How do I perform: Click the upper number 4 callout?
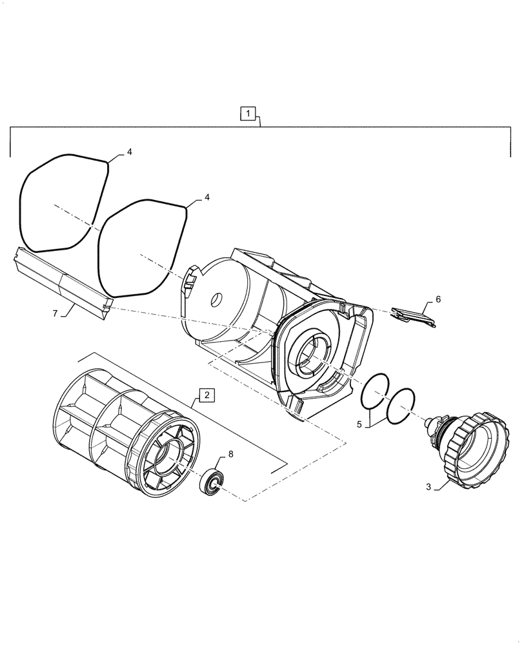(129, 152)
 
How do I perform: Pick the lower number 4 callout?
(207, 198)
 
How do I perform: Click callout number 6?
(438, 300)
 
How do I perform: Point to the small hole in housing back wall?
(217, 300)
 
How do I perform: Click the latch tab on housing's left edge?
(191, 281)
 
